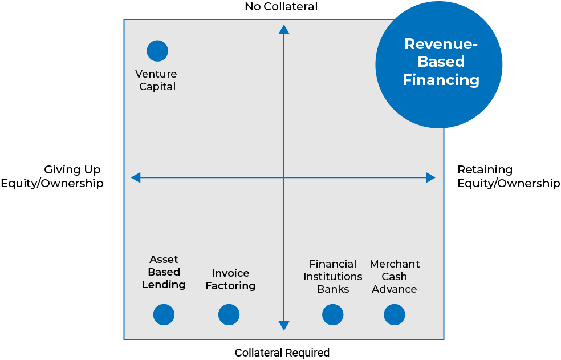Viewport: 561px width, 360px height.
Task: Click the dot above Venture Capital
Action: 157,51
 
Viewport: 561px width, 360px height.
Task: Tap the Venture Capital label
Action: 156,80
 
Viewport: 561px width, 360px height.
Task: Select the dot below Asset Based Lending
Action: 164,314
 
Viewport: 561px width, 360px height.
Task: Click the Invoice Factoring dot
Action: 229,314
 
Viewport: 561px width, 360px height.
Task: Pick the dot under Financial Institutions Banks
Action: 332,314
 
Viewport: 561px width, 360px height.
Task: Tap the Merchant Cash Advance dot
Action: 394,314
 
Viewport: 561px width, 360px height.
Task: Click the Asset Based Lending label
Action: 164,272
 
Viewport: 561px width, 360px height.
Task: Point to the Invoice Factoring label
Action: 230,280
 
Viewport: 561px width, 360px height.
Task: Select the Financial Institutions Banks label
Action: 332,276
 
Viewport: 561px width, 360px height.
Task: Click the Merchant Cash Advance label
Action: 395,276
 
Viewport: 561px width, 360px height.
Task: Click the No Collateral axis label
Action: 280,7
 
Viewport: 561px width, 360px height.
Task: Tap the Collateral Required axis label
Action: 282,353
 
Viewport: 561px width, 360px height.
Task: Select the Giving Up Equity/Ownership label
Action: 52,176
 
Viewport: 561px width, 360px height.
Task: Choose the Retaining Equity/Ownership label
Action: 509,176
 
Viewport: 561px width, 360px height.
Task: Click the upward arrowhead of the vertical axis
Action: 284,29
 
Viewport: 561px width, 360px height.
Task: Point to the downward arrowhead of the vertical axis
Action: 284,326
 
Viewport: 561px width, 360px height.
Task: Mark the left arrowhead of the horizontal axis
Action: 136,177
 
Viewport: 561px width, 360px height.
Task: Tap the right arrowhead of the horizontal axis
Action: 430,177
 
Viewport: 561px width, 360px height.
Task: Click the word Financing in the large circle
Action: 441,80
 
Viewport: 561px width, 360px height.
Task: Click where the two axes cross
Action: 284,177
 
